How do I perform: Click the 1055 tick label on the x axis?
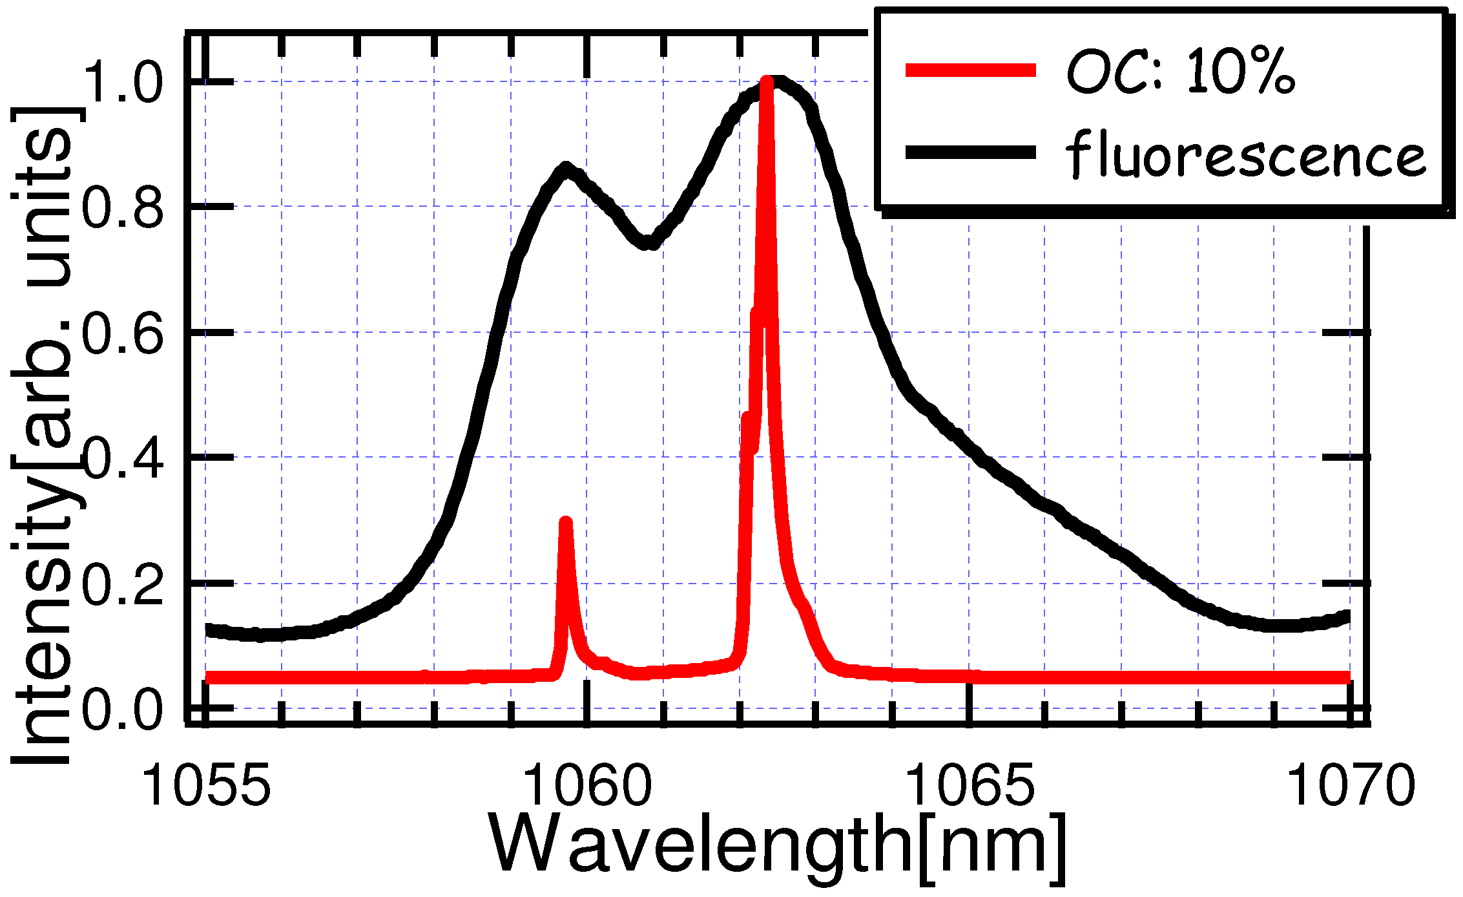(206, 785)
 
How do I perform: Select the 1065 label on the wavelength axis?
(970, 785)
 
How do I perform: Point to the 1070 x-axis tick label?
(1351, 785)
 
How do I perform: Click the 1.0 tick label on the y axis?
(123, 82)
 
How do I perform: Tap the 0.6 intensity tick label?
(123, 332)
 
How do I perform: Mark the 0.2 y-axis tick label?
(123, 583)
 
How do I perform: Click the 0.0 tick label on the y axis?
(123, 708)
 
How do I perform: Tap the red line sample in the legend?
(970, 70)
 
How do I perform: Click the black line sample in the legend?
(970, 153)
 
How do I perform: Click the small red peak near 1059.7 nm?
(566, 523)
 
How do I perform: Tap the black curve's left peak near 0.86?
(566, 169)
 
